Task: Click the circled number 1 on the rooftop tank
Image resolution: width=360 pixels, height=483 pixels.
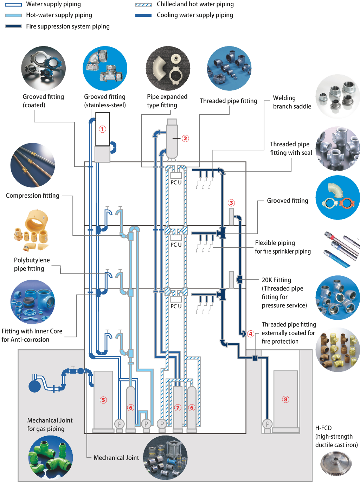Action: [x=102, y=129]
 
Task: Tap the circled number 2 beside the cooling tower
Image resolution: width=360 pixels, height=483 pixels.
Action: [x=185, y=138]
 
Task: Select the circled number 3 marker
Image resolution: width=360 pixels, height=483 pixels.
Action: [x=231, y=203]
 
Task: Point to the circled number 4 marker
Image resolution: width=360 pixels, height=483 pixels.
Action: [x=251, y=334]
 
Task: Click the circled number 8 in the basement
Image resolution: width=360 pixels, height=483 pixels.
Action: [x=285, y=399]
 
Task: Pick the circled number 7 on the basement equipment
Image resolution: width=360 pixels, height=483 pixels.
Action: [x=178, y=408]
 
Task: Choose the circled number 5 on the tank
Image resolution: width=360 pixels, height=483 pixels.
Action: [x=103, y=400]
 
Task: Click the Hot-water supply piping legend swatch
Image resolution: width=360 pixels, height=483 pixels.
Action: [x=13, y=15]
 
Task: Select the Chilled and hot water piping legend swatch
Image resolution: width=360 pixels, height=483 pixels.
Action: [x=143, y=5]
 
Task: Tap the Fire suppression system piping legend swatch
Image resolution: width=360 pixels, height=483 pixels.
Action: [x=13, y=26]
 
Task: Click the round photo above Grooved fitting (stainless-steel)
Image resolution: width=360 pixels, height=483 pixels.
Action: [x=105, y=68]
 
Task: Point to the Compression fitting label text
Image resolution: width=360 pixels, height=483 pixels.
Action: [x=33, y=196]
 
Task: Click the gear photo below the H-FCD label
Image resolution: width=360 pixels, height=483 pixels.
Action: [x=336, y=463]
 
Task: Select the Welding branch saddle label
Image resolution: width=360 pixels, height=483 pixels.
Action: [x=292, y=102]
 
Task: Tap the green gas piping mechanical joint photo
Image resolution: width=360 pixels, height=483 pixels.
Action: [x=51, y=457]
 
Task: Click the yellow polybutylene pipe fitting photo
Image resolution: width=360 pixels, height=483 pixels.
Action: [x=32, y=230]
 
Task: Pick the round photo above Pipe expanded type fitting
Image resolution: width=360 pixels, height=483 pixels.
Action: [x=168, y=68]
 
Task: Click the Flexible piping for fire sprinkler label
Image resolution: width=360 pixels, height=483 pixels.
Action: [x=283, y=247]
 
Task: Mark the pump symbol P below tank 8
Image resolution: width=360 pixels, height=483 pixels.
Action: [x=268, y=424]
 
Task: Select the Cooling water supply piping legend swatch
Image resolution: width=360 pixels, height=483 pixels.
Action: [x=143, y=15]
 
